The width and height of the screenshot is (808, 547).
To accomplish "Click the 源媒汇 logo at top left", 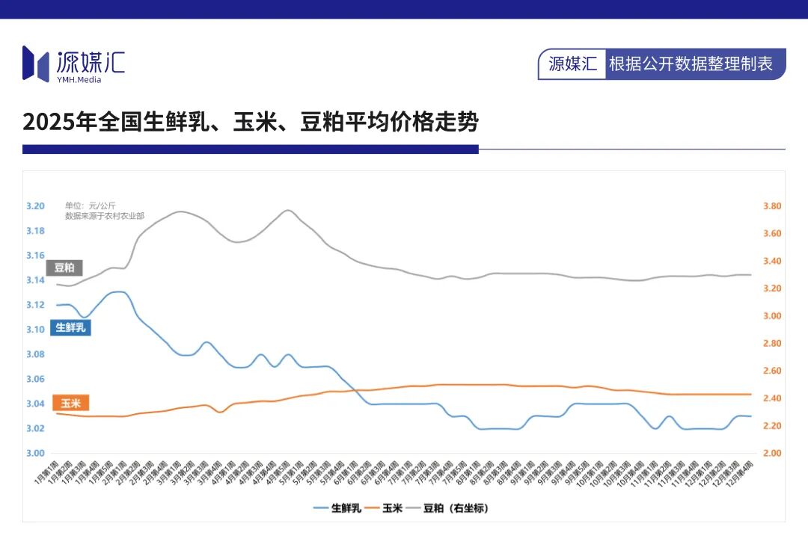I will tap(73, 63).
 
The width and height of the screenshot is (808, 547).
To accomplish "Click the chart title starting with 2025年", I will tap(250, 122).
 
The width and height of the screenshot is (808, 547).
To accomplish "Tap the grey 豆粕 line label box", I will tap(65, 268).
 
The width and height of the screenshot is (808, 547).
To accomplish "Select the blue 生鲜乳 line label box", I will tap(70, 327).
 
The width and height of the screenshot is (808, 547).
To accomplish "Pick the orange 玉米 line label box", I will tap(71, 404).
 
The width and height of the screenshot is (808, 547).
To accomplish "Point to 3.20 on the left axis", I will tap(35, 206).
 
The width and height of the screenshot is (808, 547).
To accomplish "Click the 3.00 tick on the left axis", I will tap(35, 453).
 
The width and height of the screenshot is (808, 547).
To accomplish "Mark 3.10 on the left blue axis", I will tap(35, 330).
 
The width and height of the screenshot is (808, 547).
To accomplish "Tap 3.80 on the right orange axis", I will tap(772, 206).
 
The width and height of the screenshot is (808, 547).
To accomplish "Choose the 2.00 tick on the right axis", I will tap(772, 453).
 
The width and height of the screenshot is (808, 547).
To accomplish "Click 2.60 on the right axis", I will tap(772, 371).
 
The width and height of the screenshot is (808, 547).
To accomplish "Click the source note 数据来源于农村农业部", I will tap(104, 215).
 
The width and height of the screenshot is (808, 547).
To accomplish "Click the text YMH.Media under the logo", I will tap(79, 80).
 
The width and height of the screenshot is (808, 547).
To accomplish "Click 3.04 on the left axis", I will tap(35, 404).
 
